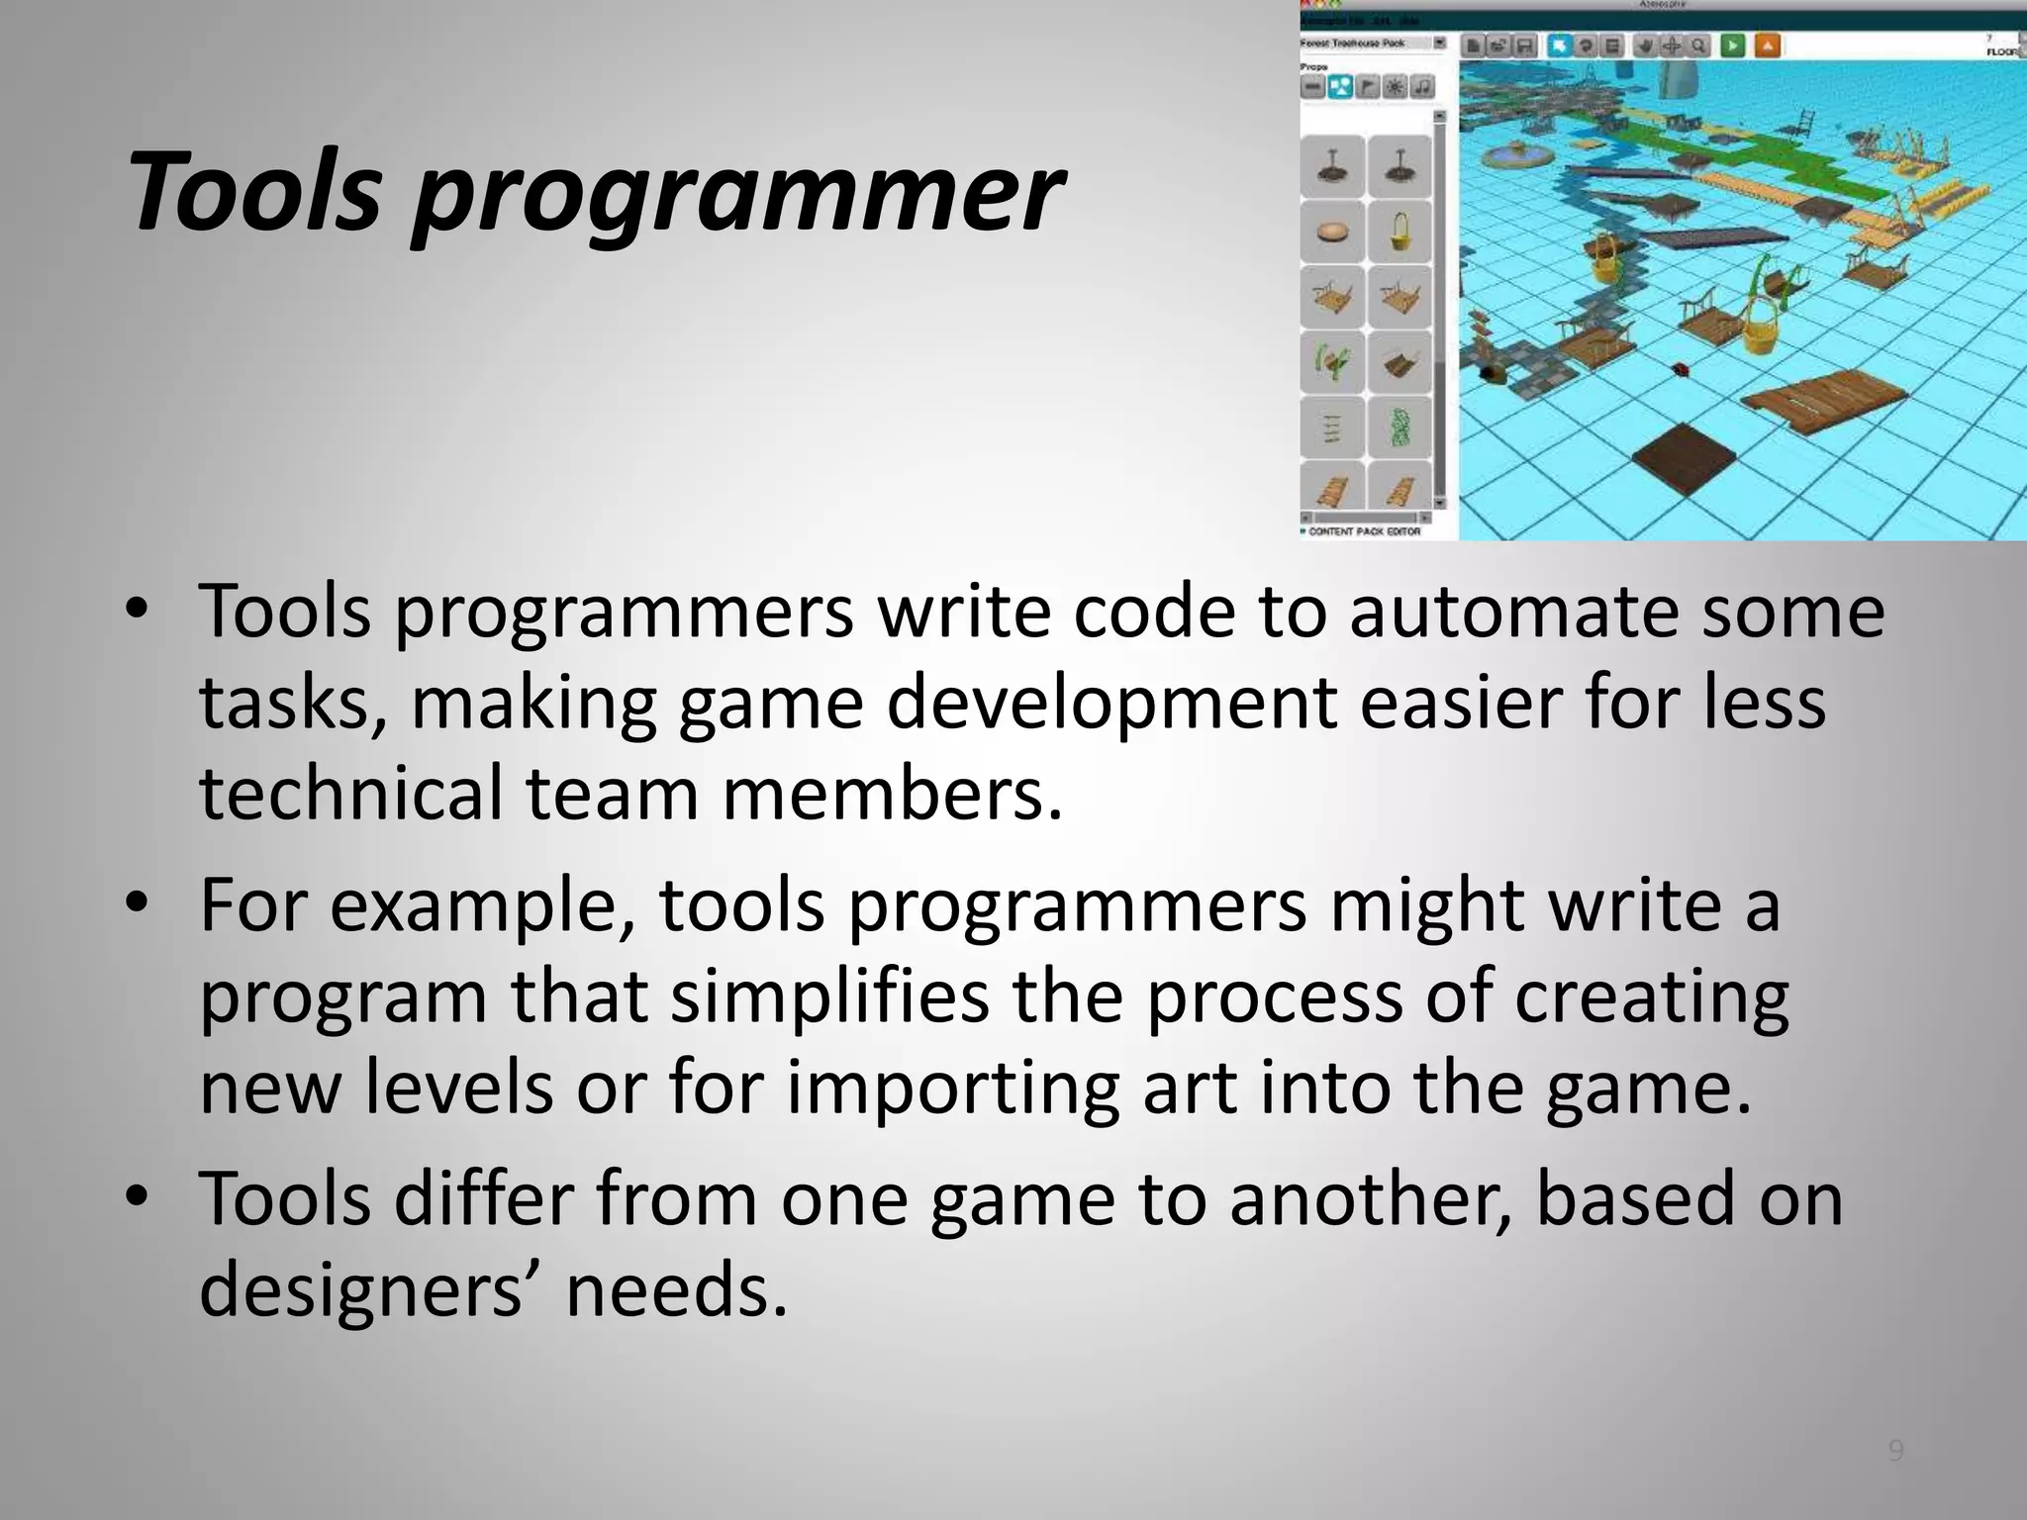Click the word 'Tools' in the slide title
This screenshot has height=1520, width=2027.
pyautogui.click(x=253, y=191)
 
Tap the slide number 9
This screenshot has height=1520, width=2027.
pyautogui.click(x=1895, y=1451)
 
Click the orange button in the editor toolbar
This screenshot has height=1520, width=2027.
pyautogui.click(x=1767, y=46)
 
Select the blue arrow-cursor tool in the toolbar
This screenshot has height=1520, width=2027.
pyautogui.click(x=1561, y=46)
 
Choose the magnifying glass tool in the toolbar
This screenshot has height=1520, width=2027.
pyautogui.click(x=1698, y=46)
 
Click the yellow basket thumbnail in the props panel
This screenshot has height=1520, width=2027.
pyautogui.click(x=1400, y=232)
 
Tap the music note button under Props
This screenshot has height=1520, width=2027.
pyautogui.click(x=1422, y=87)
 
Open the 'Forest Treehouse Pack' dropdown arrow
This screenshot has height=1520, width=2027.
pyautogui.click(x=1440, y=44)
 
